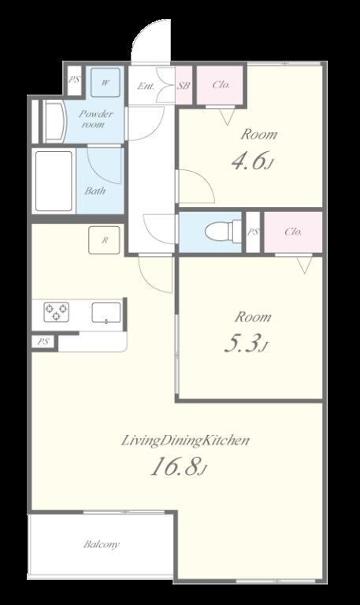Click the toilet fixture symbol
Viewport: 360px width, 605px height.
223,232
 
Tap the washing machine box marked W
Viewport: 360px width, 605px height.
105,83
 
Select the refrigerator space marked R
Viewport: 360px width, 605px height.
104,240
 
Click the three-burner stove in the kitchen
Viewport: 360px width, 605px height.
57,312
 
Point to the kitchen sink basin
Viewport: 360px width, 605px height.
106,312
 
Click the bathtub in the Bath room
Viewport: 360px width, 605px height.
54,181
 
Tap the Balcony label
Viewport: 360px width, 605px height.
102,544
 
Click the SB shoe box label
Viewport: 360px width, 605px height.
184,85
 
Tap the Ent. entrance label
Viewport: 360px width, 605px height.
146,86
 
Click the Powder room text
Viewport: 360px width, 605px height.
96,119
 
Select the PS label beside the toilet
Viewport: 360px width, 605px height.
253,232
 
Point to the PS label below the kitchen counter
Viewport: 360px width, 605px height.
43,342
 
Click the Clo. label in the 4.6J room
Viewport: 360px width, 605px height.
221,84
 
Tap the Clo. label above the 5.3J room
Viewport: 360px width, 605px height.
293,232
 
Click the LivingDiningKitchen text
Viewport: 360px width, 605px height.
185,440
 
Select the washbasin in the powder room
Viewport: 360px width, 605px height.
54,121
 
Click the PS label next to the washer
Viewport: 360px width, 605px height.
74,80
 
